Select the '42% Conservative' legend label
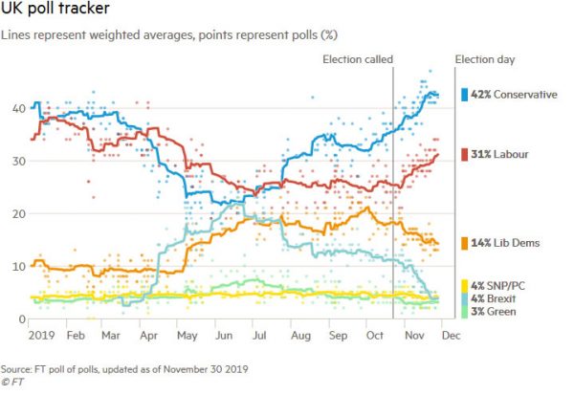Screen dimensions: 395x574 tap(512, 95)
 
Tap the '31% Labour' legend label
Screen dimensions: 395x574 tap(497, 154)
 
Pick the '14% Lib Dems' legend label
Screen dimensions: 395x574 tap(502, 244)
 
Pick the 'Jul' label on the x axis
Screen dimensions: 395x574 tap(257, 337)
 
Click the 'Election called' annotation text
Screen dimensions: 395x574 tap(357, 60)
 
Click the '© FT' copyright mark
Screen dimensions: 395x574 tap(14, 383)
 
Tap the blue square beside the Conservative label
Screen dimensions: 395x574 tap(464, 95)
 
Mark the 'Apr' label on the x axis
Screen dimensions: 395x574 tap(149, 337)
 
